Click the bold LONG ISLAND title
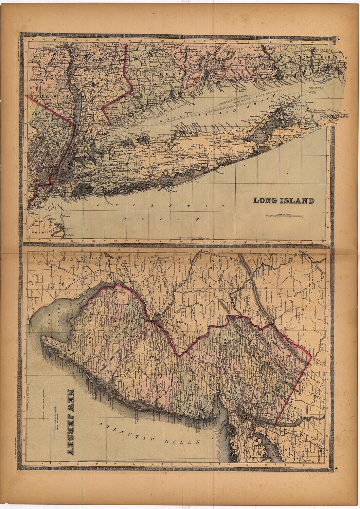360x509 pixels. click(284, 201)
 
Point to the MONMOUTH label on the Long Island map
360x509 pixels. click(38, 232)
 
